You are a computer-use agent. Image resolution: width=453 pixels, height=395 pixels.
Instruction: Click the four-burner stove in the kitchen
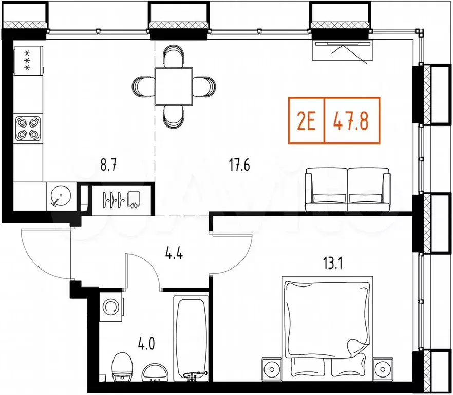click(x=28, y=129)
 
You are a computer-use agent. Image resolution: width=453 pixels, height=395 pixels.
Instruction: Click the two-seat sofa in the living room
click(x=352, y=189)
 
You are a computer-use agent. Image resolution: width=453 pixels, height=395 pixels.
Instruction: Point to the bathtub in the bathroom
click(x=191, y=337)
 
